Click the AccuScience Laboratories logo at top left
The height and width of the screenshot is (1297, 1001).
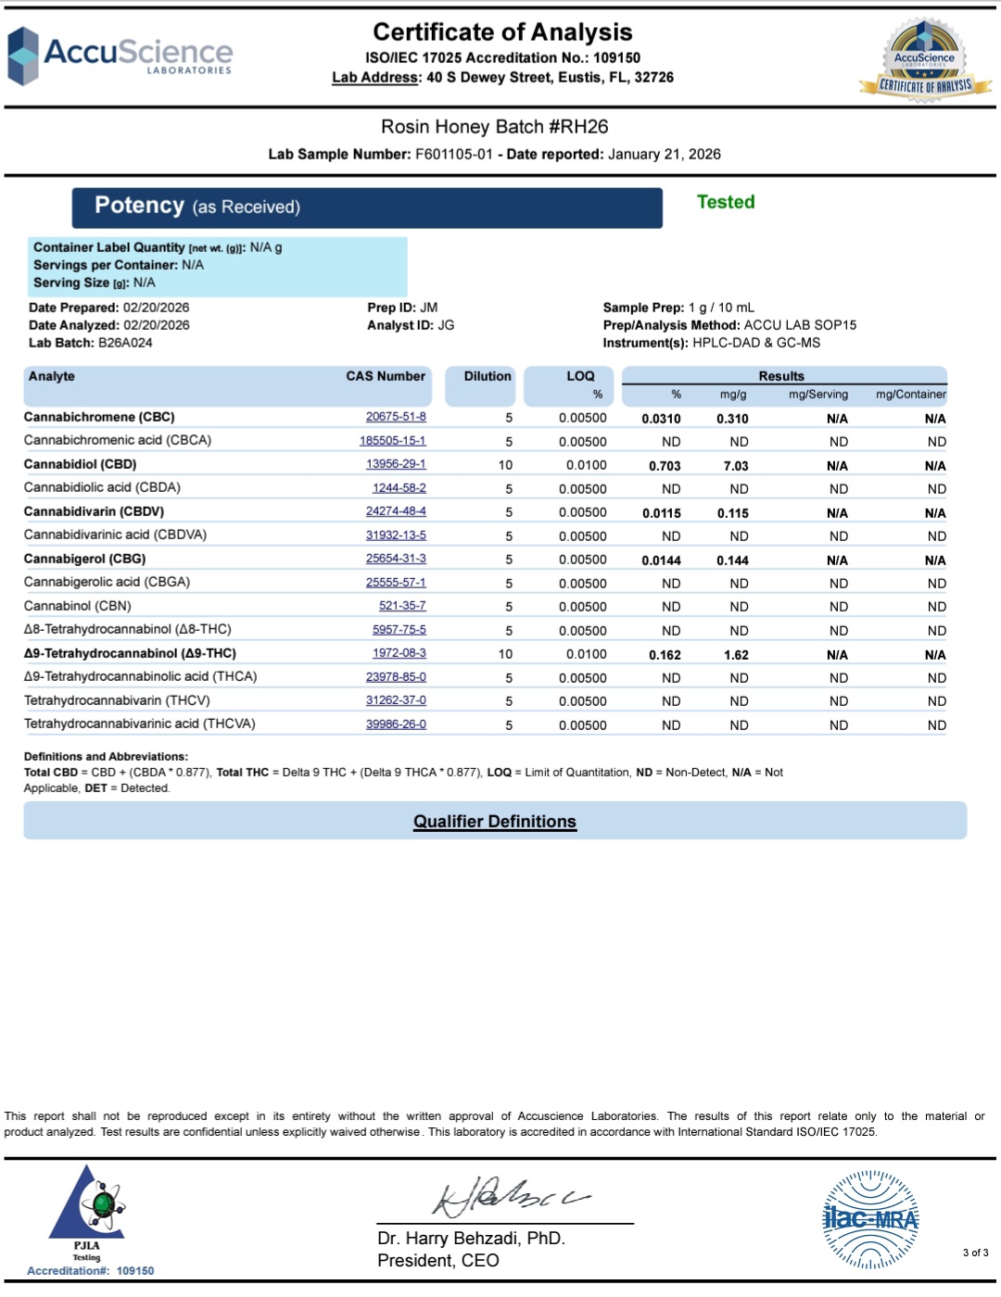pyautogui.click(x=120, y=56)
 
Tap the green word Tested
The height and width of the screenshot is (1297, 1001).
pyautogui.click(x=726, y=202)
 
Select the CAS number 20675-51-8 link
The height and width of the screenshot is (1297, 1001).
pyautogui.click(x=396, y=417)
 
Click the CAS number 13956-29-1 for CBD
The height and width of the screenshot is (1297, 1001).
pyautogui.click(x=396, y=464)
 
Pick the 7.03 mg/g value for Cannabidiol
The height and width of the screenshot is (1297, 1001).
pyautogui.click(x=736, y=466)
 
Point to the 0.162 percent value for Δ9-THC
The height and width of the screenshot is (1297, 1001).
pyautogui.click(x=665, y=655)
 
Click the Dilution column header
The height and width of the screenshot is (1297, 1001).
pyautogui.click(x=488, y=376)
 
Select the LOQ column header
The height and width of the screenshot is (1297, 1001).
pyautogui.click(x=580, y=376)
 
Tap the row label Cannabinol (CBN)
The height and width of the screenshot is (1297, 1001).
pyautogui.click(x=78, y=606)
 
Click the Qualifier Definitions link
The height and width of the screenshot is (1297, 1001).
pyautogui.click(x=495, y=822)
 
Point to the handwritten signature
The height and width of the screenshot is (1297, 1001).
pyautogui.click(x=510, y=1197)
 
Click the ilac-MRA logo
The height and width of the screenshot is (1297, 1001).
pyautogui.click(x=870, y=1219)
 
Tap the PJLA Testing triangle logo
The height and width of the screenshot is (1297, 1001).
pyautogui.click(x=88, y=1204)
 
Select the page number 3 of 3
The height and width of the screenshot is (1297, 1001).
pyautogui.click(x=975, y=1253)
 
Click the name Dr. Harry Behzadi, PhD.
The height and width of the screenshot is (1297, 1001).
pyautogui.click(x=471, y=1239)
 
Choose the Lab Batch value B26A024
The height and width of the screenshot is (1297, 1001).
pyautogui.click(x=125, y=343)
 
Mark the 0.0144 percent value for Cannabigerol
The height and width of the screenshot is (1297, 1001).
pyautogui.click(x=661, y=560)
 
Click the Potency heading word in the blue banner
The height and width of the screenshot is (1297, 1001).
pyautogui.click(x=139, y=206)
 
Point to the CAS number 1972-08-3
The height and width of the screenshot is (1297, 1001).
pyautogui.click(x=399, y=653)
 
